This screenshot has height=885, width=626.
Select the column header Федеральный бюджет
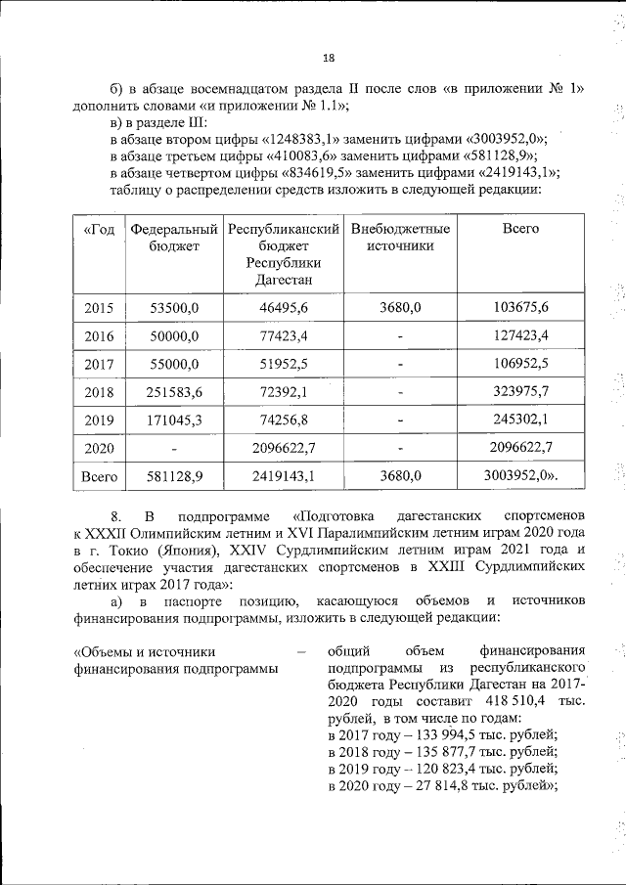point(173,237)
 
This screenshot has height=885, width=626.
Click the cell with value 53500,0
point(174,308)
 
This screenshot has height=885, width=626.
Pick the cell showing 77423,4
point(283,336)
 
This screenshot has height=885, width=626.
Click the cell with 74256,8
point(283,420)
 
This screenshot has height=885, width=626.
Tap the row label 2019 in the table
point(99,420)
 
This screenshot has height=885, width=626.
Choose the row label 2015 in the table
point(99,308)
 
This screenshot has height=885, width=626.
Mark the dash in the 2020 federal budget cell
point(174,448)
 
